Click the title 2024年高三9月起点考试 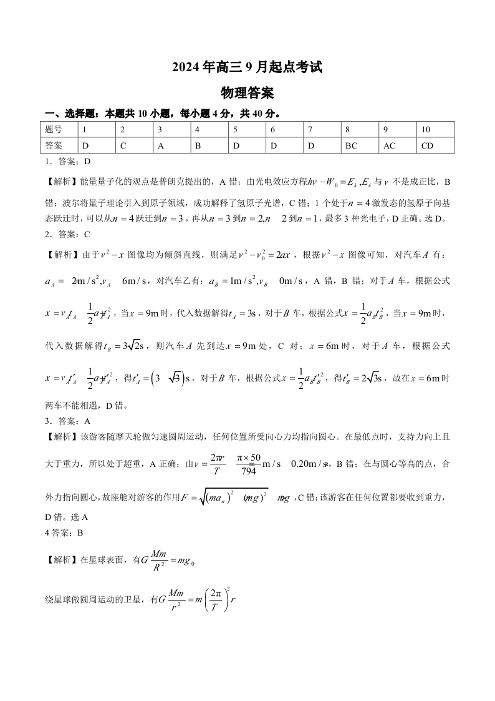pyautogui.click(x=247, y=68)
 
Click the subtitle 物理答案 pyautogui.click(x=247, y=93)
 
